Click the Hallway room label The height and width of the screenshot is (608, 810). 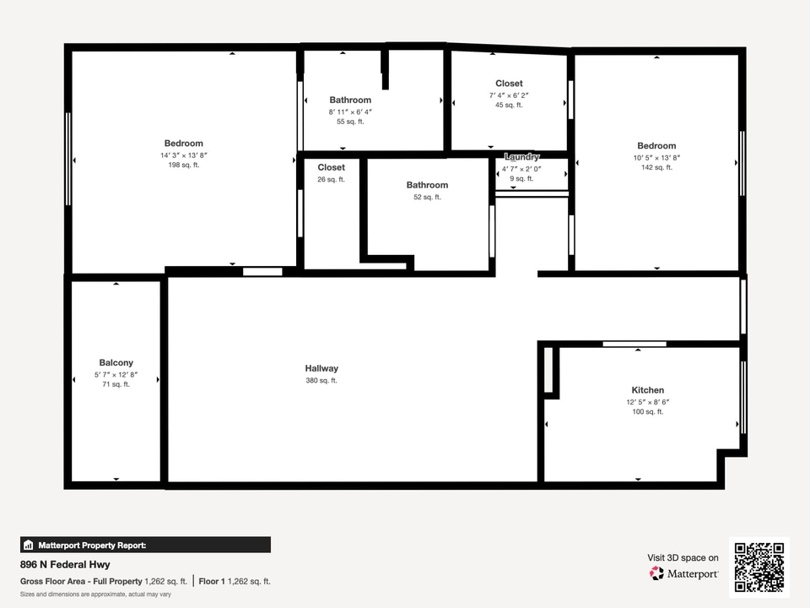tap(321, 369)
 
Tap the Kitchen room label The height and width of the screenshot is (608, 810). tap(648, 390)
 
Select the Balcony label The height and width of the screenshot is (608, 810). tap(116, 363)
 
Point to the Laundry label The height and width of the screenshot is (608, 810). tap(521, 157)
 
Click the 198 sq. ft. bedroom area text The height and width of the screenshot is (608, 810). tap(183, 165)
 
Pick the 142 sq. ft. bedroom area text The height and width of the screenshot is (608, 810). tap(656, 167)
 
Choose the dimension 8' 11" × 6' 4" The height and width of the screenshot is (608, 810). tap(350, 112)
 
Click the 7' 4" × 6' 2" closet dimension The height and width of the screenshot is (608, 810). tap(509, 95)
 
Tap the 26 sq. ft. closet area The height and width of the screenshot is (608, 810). tap(331, 179)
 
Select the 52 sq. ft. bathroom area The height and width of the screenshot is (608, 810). tap(427, 197)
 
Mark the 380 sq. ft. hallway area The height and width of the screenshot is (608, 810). tap(321, 381)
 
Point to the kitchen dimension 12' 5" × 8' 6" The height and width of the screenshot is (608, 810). tap(648, 402)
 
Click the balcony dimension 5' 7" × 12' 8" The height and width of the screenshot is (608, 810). tap(116, 375)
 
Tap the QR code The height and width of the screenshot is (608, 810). tap(759, 567)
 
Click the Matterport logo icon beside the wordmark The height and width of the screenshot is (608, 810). tap(656, 573)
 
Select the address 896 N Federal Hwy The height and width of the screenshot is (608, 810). tap(65, 565)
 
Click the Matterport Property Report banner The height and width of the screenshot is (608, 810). tap(145, 545)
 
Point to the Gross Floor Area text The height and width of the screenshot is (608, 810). tap(81, 581)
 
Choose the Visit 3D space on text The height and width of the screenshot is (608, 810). tap(683, 558)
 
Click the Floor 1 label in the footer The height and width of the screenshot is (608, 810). tap(212, 581)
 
